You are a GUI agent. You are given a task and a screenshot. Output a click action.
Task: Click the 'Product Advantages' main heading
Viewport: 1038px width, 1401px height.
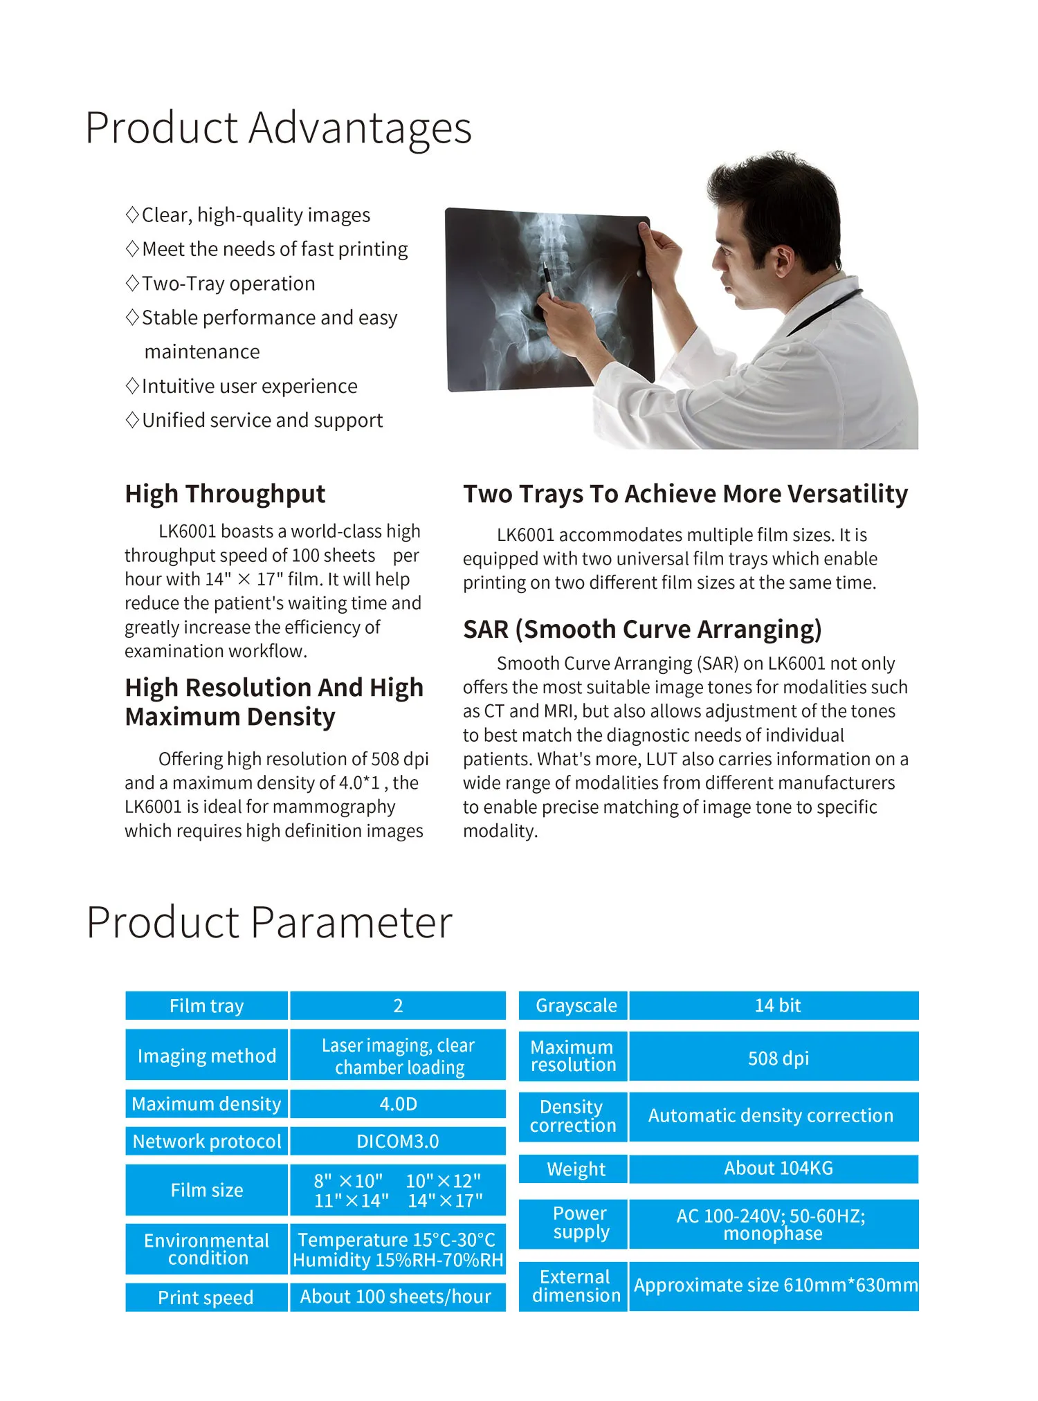(278, 128)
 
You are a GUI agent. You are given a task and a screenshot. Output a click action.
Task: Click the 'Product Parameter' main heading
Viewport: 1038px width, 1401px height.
(269, 922)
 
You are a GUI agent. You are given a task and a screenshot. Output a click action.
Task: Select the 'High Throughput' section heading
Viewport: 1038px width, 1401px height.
(225, 494)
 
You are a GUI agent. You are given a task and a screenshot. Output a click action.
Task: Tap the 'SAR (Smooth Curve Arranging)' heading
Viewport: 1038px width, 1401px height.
(642, 630)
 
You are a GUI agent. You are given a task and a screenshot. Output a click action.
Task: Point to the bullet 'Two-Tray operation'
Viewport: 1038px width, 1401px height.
(228, 284)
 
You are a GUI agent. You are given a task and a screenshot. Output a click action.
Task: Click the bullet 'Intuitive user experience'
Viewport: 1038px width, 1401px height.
(249, 386)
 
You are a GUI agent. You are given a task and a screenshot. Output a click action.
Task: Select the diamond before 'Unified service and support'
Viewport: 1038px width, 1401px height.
(133, 420)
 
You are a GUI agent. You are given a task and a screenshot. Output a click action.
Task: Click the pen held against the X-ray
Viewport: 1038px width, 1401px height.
(547, 281)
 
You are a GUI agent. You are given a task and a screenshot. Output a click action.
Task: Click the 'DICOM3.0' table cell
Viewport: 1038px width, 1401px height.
(397, 1141)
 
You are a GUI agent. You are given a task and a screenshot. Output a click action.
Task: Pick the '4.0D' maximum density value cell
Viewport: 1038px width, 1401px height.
(397, 1104)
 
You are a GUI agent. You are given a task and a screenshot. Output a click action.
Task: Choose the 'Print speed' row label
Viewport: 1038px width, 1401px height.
(206, 1297)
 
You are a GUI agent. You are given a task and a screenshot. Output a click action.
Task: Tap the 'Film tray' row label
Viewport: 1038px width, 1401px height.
(206, 1005)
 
